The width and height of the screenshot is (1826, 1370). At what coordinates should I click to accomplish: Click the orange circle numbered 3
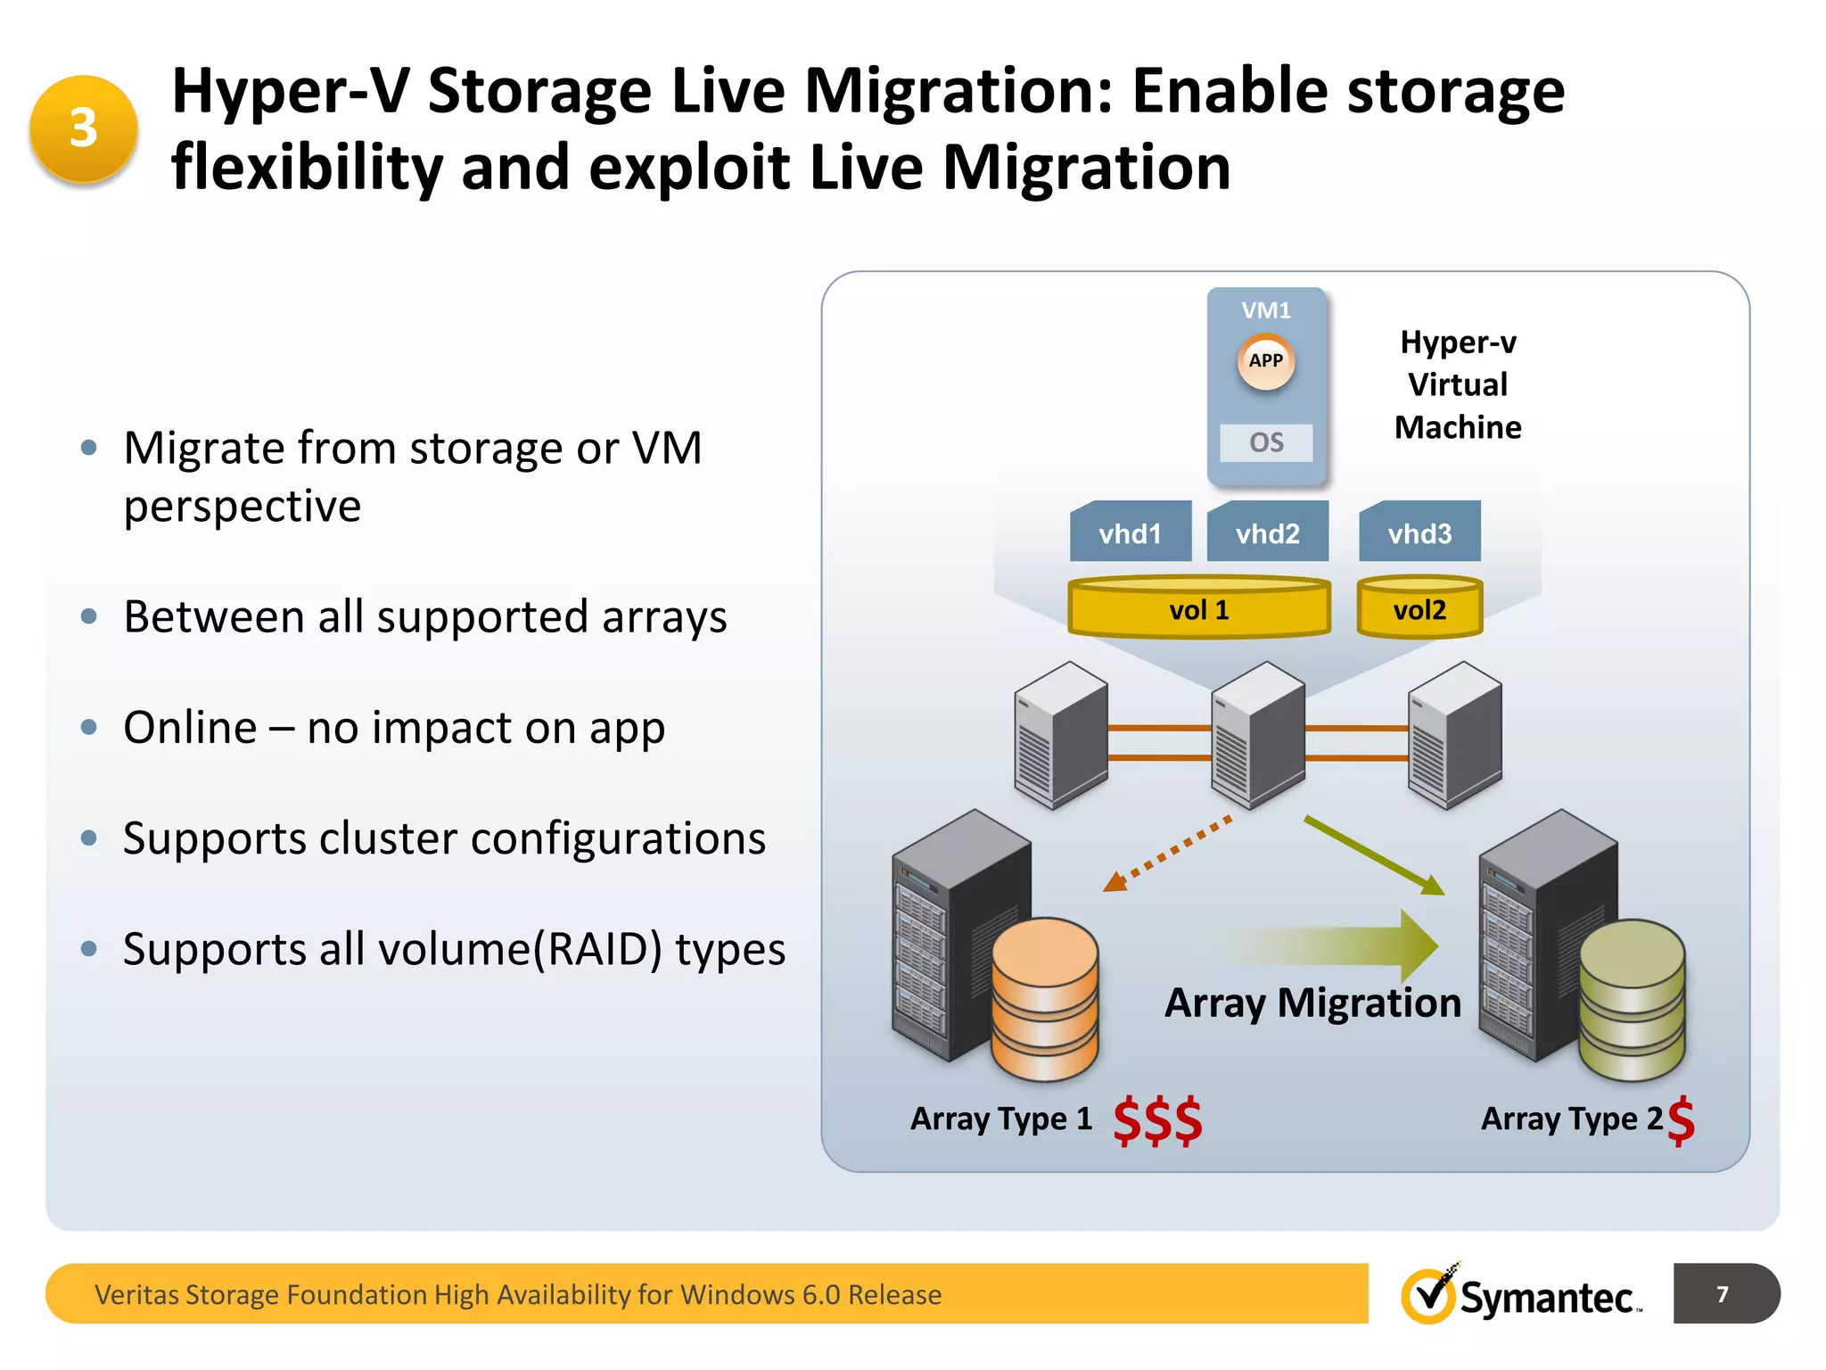(x=83, y=128)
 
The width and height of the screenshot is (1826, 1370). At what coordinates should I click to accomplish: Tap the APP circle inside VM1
(x=1265, y=361)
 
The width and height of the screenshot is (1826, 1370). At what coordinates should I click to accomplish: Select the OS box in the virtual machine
(x=1266, y=442)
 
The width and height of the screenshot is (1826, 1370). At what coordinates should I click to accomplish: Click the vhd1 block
(x=1131, y=532)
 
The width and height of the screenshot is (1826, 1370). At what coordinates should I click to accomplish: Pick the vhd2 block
(x=1267, y=532)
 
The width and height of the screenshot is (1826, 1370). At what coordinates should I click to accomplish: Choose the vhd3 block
(x=1419, y=532)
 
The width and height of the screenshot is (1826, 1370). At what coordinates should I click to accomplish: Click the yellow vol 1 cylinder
(x=1199, y=608)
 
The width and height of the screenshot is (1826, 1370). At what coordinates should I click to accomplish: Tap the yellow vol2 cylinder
(x=1419, y=608)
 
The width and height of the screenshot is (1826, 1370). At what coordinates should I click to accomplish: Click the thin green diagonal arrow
(x=1373, y=854)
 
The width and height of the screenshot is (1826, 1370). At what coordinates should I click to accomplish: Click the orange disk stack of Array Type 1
(x=1045, y=999)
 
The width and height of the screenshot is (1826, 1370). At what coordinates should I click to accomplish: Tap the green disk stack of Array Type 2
(x=1632, y=999)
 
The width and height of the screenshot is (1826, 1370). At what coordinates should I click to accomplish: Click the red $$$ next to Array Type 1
(x=1157, y=1120)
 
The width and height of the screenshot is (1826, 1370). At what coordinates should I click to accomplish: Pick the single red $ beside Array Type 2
(x=1681, y=1120)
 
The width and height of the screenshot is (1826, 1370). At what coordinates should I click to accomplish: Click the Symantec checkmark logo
(x=1429, y=1295)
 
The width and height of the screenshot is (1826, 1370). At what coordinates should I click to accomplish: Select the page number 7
(x=1723, y=1294)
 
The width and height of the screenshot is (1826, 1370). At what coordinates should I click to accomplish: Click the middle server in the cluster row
(x=1257, y=735)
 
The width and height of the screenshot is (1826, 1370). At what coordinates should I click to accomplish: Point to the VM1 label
(x=1266, y=310)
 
